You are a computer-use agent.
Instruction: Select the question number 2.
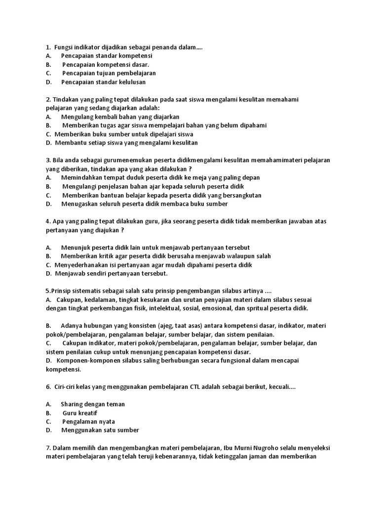[x=47, y=99]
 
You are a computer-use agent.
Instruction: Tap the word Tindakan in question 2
[x=66, y=99]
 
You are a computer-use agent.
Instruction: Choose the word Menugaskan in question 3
[x=79, y=204]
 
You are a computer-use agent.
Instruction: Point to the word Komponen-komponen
[x=85, y=360]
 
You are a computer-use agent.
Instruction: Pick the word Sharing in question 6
[x=72, y=404]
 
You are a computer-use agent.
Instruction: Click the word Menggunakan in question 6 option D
[x=82, y=430]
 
